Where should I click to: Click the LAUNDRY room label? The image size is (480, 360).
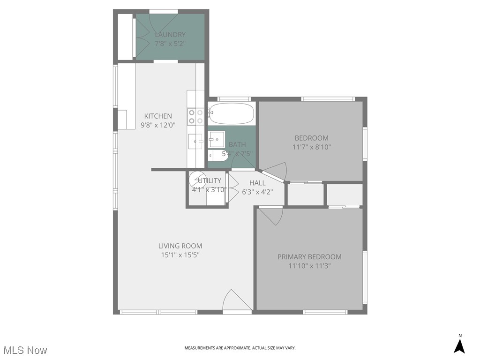point(170,35)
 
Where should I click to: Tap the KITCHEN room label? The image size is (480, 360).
point(157,116)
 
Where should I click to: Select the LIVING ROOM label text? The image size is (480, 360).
point(180,246)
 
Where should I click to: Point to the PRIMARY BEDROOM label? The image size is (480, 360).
point(309,257)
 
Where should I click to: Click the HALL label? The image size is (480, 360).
point(257,183)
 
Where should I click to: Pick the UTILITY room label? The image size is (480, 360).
point(209,181)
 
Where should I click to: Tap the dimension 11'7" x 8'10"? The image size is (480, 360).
point(311,147)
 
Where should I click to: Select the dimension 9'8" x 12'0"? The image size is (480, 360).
point(157,125)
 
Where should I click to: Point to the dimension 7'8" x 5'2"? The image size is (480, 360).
point(170,44)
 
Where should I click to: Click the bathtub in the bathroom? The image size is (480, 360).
point(231,113)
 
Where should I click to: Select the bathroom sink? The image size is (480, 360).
point(217,138)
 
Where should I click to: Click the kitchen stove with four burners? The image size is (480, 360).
point(195,117)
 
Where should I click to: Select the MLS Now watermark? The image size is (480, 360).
point(25,350)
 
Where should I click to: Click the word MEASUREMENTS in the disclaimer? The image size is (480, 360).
point(202,348)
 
